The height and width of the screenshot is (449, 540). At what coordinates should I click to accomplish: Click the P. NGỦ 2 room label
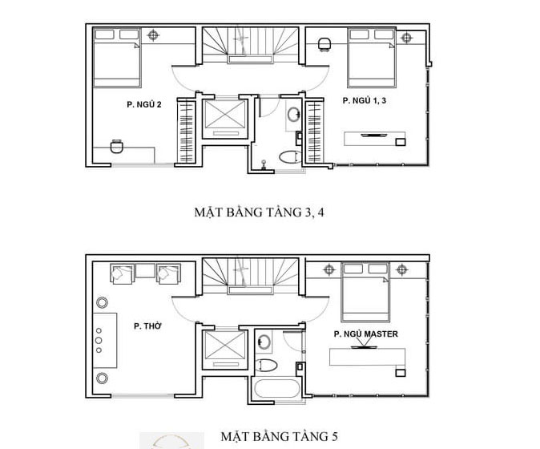[144, 104]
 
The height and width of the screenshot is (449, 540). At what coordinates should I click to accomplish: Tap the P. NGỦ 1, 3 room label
[365, 100]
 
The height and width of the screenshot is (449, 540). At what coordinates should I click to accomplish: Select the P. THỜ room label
[147, 326]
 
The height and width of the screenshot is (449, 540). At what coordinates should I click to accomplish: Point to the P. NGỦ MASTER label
[365, 334]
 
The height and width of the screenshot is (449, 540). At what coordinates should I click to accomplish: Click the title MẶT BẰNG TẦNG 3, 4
[259, 212]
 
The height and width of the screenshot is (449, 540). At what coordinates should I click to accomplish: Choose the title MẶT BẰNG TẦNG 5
[279, 436]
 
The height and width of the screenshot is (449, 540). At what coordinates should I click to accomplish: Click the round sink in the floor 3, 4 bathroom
[294, 114]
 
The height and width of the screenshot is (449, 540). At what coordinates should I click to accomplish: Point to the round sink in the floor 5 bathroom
[264, 342]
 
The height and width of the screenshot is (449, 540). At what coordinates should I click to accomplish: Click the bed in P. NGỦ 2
[117, 58]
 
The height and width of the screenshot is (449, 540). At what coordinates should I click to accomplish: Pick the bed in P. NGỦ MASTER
[365, 293]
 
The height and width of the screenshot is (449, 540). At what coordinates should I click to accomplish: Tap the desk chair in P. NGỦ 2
[116, 147]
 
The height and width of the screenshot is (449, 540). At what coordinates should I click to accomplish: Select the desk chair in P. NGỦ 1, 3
[324, 44]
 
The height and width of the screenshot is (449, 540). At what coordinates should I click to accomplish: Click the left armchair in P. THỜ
[122, 274]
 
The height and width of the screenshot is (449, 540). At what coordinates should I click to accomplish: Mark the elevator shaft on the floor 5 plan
[225, 349]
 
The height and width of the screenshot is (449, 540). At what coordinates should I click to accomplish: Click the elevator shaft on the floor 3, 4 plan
[225, 118]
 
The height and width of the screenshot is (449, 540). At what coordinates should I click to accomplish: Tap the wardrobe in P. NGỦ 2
[187, 131]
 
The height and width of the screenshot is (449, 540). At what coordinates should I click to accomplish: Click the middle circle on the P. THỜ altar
[99, 341]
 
